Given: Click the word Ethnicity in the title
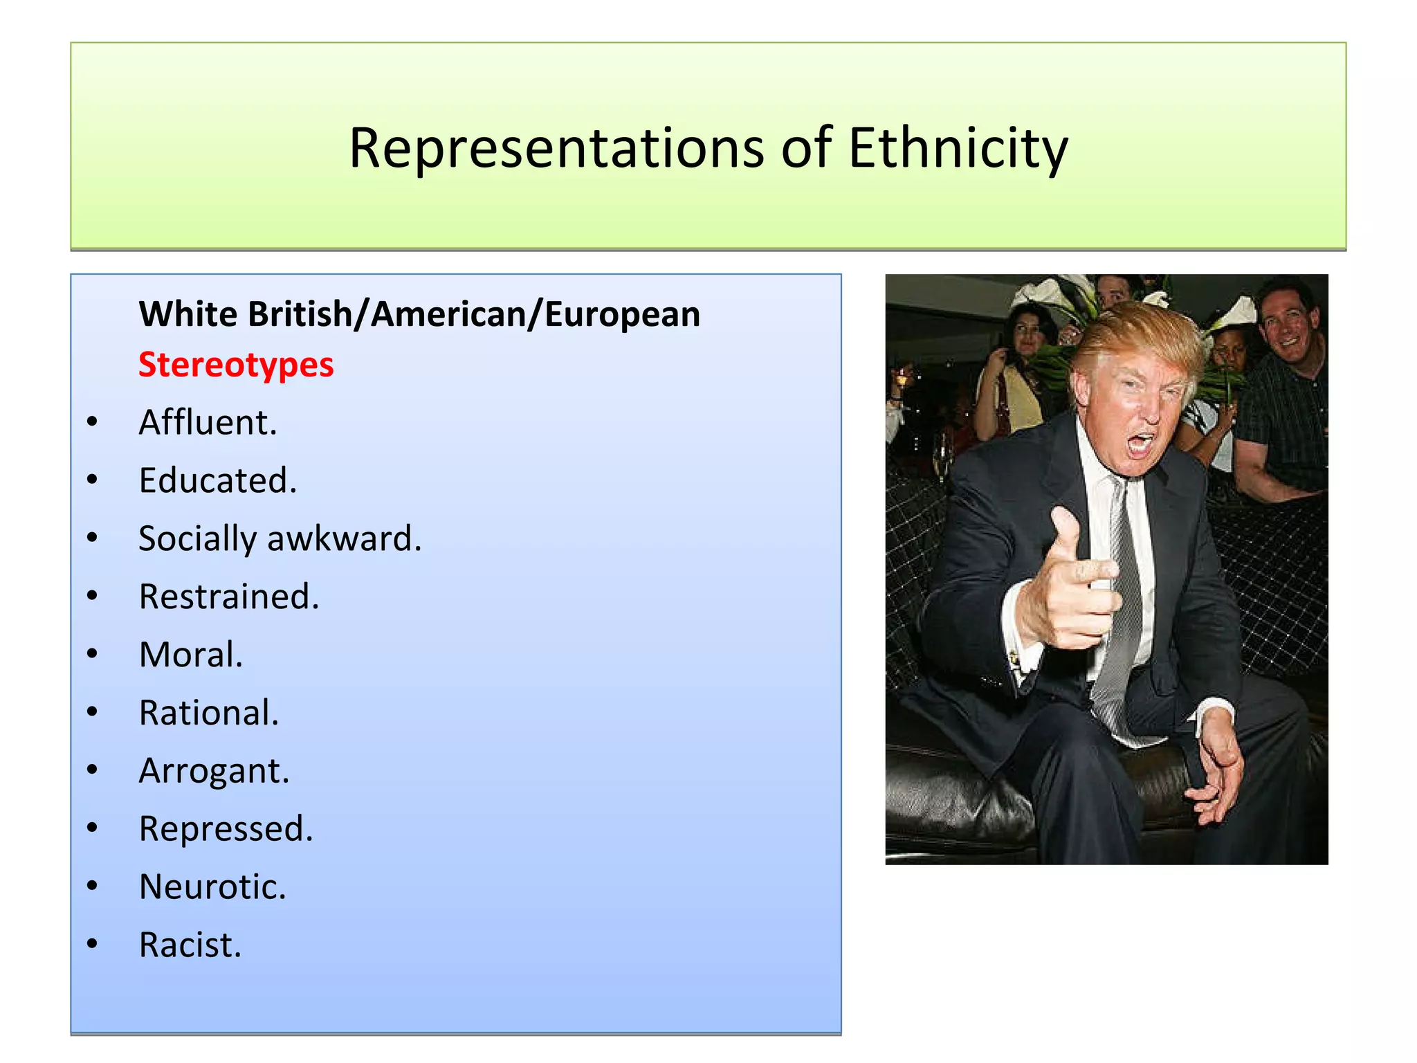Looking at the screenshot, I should tap(958, 148).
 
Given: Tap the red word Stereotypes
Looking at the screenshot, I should tap(236, 365).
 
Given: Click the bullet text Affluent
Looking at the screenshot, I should tap(208, 422).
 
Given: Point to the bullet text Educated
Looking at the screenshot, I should tap(217, 480).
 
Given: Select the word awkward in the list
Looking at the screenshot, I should tap(344, 538).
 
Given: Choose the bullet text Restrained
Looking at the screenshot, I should tap(229, 597).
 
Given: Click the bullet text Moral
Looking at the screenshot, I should tap(191, 655).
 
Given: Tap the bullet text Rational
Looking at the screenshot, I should tap(208, 713).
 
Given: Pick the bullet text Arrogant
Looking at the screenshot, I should tap(214, 771).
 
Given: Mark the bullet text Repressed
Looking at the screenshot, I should tap(226, 829).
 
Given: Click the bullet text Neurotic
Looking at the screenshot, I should tap(212, 887).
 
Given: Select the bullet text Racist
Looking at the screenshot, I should tap(190, 945).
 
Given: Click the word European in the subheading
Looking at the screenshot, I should tap(622, 314).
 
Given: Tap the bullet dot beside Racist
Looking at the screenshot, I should tap(93, 944).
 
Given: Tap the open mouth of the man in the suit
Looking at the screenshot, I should tap(1140, 445).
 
